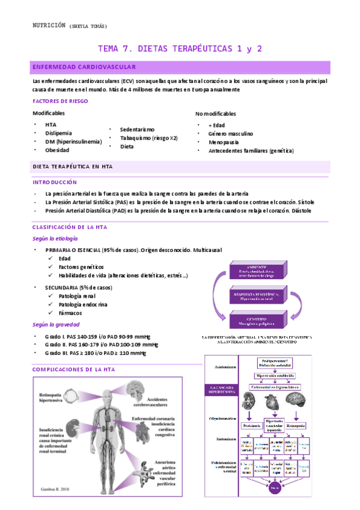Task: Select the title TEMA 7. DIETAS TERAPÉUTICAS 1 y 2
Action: tap(180, 49)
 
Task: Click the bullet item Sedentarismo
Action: tap(137, 129)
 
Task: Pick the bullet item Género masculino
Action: tap(230, 134)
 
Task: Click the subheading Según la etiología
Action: tap(55, 239)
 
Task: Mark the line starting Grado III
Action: tap(95, 353)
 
